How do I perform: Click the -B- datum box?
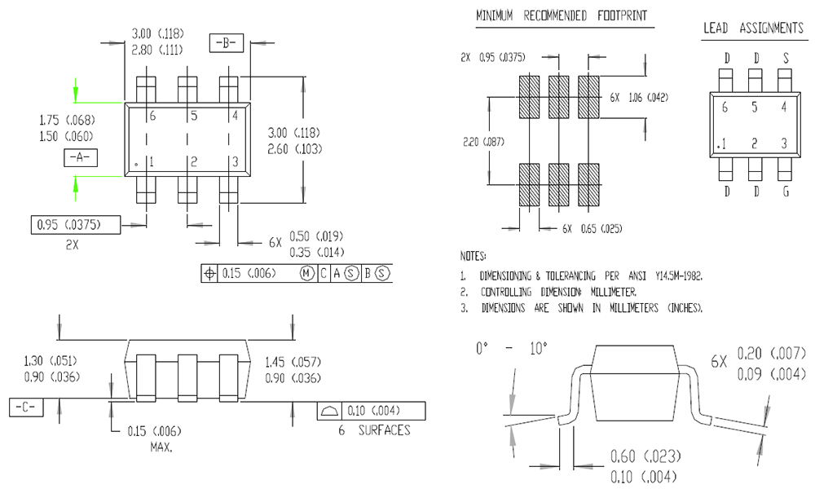click(227, 42)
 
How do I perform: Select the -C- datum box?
click(26, 406)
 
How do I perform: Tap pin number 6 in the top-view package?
click(152, 116)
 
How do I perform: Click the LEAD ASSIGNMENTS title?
click(753, 29)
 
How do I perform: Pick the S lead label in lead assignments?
click(785, 59)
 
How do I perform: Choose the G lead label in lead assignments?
click(785, 192)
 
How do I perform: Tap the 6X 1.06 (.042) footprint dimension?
click(639, 97)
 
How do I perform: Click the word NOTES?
click(474, 256)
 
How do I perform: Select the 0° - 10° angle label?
click(512, 349)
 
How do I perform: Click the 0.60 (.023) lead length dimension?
click(645, 456)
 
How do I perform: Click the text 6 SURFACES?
click(374, 430)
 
